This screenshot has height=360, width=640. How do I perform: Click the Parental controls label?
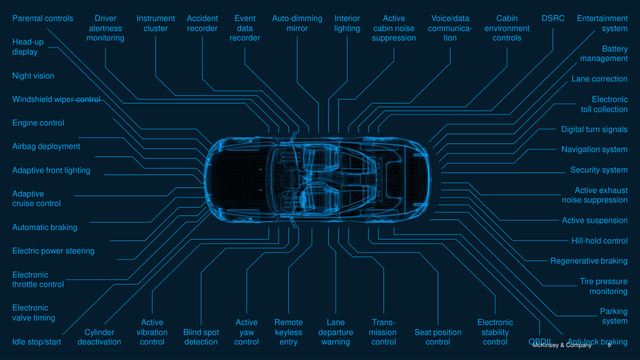42,18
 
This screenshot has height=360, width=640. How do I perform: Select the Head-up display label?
28,47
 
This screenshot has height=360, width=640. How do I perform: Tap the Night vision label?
33,76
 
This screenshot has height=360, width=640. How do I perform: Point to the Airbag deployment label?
46,146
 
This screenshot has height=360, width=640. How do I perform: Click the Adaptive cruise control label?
36,198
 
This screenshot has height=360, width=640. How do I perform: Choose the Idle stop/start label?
36,342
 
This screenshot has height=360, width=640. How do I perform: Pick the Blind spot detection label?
201,337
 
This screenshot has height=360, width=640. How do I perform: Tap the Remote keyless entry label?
288,332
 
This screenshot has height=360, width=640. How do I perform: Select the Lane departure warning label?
335,332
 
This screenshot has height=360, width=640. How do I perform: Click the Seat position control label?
438,337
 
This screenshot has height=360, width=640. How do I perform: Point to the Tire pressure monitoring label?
603,286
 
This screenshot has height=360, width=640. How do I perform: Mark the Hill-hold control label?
599,241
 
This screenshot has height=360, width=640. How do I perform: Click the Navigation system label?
594,149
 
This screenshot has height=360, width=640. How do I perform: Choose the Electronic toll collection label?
604,104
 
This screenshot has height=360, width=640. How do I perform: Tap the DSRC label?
553,18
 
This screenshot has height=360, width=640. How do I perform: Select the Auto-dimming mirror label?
297,23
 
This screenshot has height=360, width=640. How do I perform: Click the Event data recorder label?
245,28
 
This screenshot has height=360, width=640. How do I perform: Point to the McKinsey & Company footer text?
561,345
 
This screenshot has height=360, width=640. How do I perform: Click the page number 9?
609,345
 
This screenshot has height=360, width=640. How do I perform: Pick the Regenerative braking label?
588,261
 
